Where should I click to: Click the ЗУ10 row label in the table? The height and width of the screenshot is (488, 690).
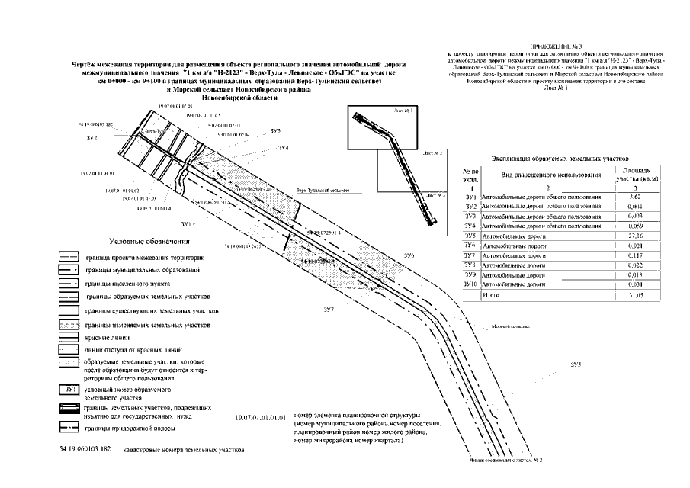pos(470,284)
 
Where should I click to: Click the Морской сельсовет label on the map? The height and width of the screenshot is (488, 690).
pos(510,326)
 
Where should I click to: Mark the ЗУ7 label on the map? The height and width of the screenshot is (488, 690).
pos(329,309)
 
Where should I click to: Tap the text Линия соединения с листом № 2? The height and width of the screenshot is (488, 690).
pos(494,461)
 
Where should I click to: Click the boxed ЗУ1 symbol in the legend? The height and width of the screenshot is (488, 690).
pos(69,390)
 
